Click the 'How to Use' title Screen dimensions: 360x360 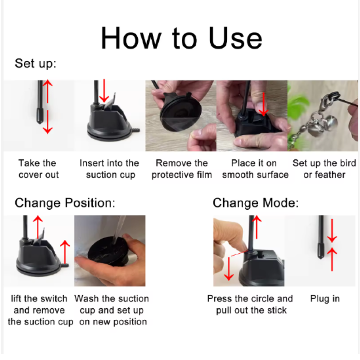click(x=181, y=38)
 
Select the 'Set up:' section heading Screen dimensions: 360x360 click(x=36, y=63)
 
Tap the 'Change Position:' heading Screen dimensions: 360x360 click(x=65, y=203)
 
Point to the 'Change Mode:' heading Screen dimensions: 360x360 click(x=256, y=203)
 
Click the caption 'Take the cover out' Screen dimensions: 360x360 click(x=38, y=169)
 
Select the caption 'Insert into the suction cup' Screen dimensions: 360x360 click(x=109, y=169)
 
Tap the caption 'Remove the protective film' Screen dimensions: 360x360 click(x=182, y=169)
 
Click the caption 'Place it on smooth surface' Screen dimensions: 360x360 click(x=255, y=169)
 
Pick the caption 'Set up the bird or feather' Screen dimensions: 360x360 click(x=324, y=169)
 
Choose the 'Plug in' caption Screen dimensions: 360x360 click(x=325, y=299)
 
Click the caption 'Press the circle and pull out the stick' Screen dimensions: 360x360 click(x=250, y=305)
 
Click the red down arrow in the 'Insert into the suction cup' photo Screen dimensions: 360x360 click(x=104, y=91)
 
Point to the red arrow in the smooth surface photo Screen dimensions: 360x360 click(x=263, y=104)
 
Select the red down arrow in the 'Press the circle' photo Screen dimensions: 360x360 click(x=229, y=269)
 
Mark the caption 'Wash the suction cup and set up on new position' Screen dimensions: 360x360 click(x=112, y=310)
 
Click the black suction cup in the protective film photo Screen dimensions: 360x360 click(x=180, y=114)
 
